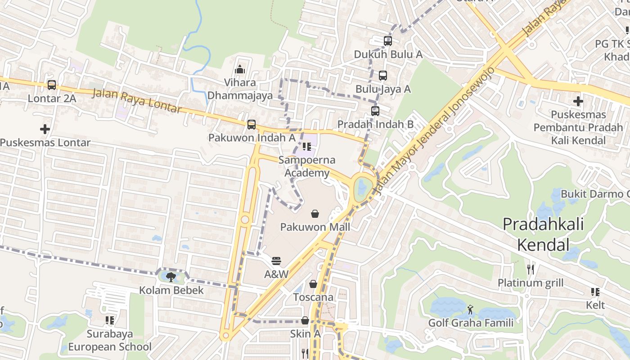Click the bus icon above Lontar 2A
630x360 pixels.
(x=52, y=85)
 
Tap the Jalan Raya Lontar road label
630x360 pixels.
(x=137, y=101)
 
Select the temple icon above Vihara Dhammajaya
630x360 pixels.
(x=240, y=69)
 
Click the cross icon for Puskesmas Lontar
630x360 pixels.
(x=45, y=129)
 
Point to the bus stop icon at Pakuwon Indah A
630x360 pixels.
(x=252, y=124)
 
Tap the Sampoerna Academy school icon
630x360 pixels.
(x=307, y=146)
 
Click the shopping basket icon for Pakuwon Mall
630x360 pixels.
(x=315, y=214)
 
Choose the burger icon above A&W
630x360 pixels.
(x=276, y=261)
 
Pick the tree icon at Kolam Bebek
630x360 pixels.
(x=171, y=277)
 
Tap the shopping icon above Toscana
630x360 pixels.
(x=313, y=284)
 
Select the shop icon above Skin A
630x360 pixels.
(x=305, y=320)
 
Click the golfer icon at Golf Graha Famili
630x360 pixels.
(x=471, y=309)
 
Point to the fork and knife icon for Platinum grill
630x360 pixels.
(x=531, y=269)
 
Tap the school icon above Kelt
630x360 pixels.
(x=595, y=292)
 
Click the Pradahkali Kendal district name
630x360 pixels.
(x=543, y=234)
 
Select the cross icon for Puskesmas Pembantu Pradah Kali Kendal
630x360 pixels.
(x=578, y=101)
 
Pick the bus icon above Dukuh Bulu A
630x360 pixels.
(x=388, y=41)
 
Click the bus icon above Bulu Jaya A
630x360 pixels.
(x=383, y=76)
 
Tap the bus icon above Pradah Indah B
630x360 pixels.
(x=375, y=111)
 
